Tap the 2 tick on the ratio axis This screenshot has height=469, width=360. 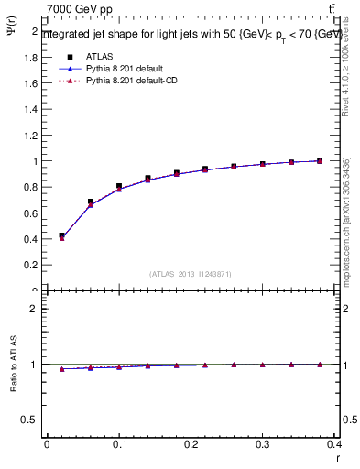[34, 309]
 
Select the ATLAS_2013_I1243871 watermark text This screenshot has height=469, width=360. [190, 274]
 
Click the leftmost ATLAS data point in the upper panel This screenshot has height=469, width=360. [61, 235]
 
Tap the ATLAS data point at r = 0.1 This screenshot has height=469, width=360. [119, 186]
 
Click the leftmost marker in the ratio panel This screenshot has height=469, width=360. [61, 369]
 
